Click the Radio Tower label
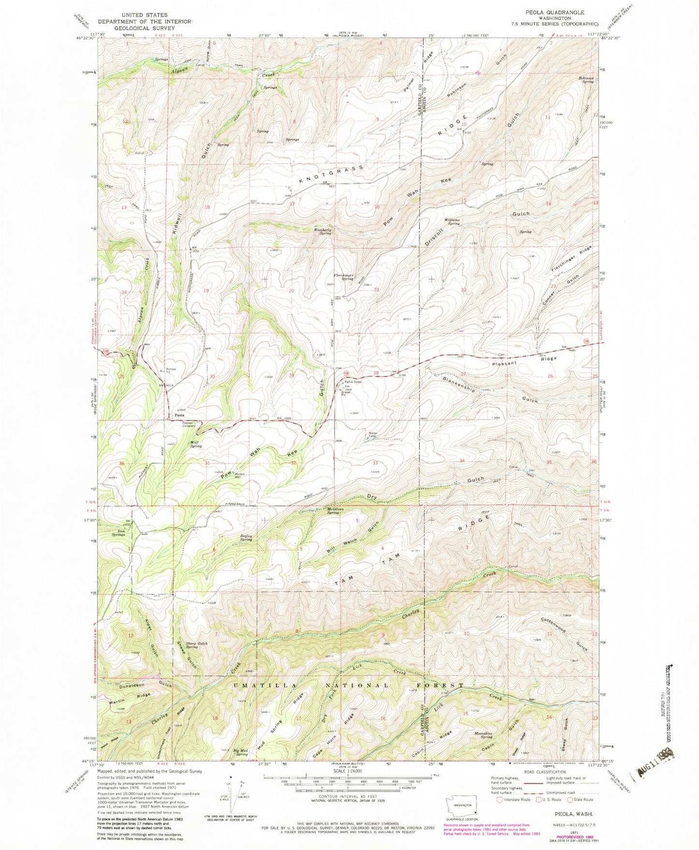click(353, 382)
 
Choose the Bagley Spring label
click(246, 537)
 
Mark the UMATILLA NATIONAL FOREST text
click(348, 686)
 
